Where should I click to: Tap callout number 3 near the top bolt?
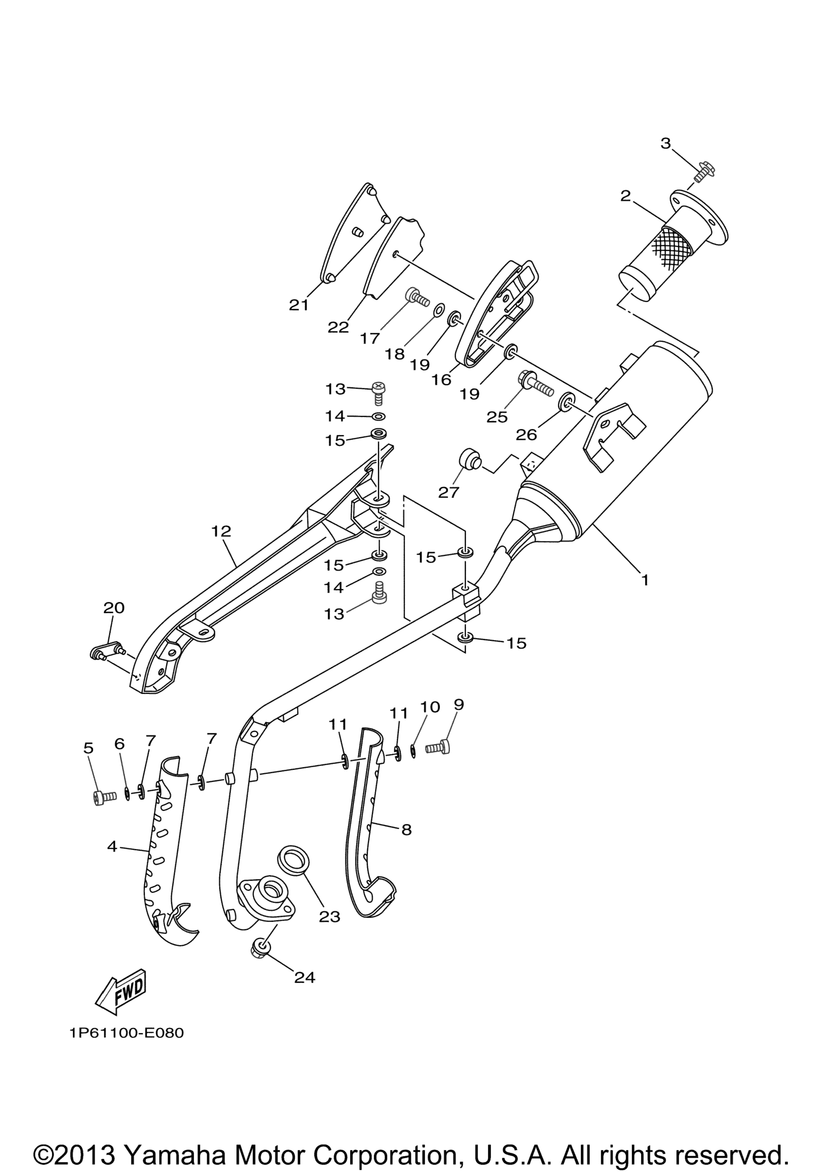[x=665, y=144]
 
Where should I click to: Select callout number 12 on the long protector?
[x=221, y=531]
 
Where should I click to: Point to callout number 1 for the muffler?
[x=645, y=580]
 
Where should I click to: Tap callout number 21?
[x=299, y=305]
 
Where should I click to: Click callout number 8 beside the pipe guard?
[x=406, y=830]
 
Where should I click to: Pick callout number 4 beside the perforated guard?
[x=112, y=846]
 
